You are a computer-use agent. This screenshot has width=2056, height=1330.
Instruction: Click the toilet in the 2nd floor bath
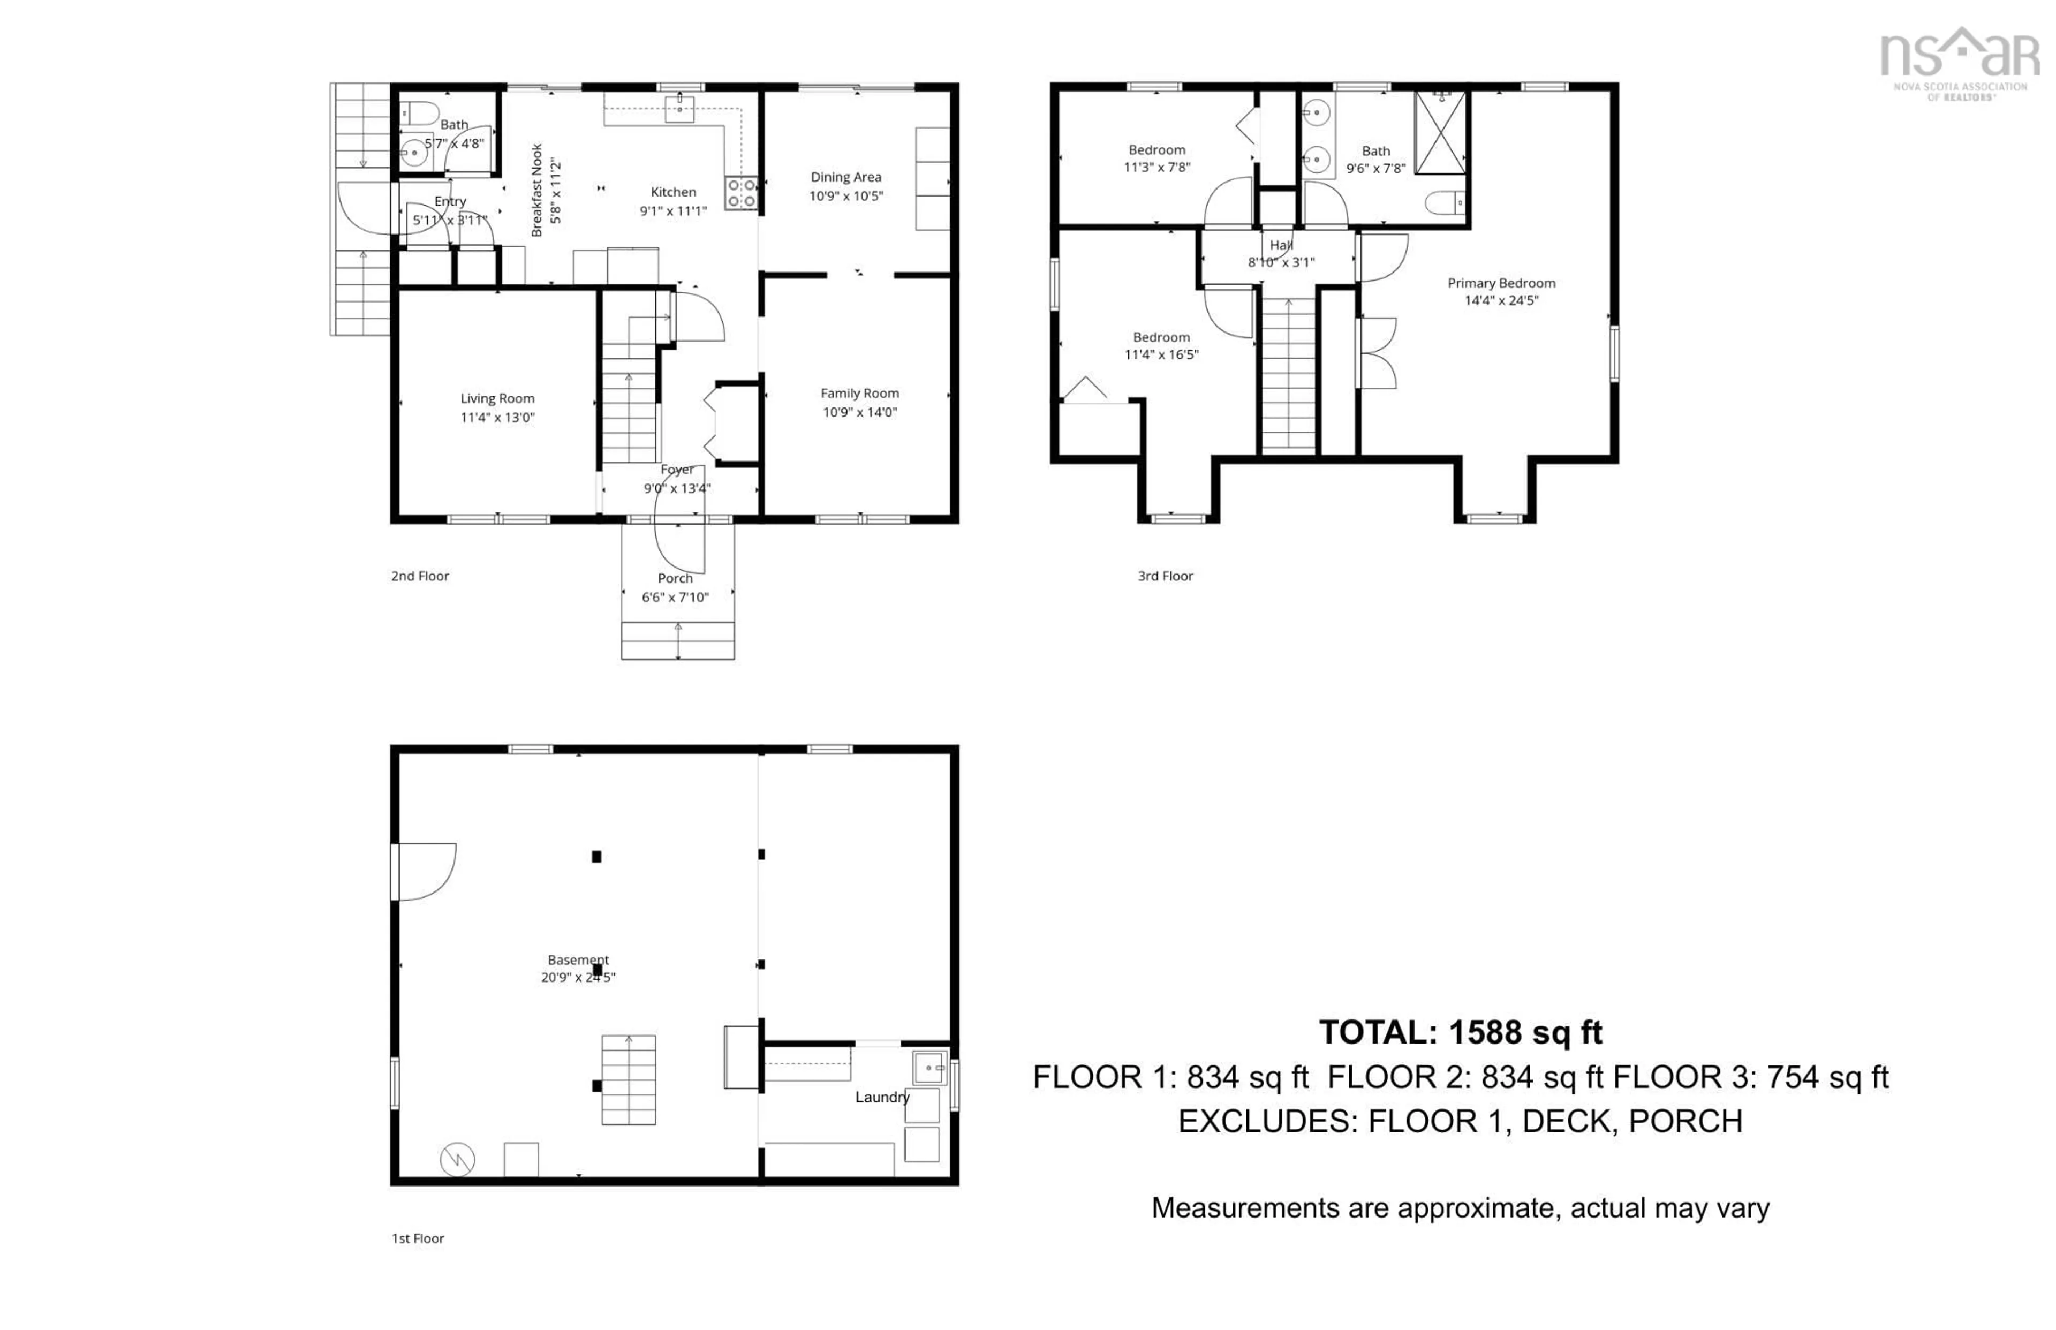[420, 113]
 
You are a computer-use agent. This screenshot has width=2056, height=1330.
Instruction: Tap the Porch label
[675, 579]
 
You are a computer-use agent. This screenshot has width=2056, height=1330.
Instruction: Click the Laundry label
[882, 1097]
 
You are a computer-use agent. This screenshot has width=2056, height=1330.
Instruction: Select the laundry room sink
[928, 1068]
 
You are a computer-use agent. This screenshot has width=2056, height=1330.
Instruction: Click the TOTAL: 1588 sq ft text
[1460, 1032]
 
